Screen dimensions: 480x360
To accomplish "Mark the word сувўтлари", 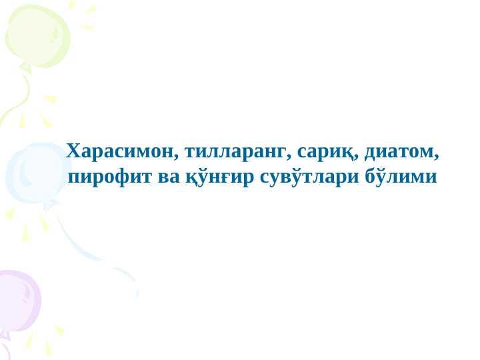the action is (309, 177).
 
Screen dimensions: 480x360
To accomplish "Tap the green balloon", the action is (37, 37).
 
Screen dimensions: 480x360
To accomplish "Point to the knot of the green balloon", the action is (26, 68).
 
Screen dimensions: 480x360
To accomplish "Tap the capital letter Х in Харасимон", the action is (75, 151).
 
